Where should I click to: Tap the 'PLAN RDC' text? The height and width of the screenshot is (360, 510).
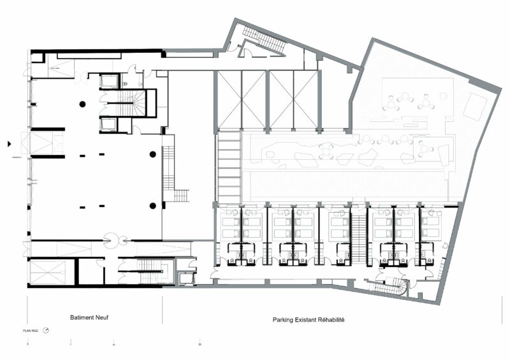(32, 331)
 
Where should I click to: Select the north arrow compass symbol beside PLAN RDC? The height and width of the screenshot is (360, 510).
(47, 331)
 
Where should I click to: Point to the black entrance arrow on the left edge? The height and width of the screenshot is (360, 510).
(8, 143)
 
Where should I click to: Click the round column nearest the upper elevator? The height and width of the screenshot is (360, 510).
(82, 104)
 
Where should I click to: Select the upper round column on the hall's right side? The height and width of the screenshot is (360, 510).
(153, 154)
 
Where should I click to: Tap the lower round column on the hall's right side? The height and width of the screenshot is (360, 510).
(153, 205)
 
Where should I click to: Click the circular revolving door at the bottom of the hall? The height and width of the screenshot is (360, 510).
(113, 240)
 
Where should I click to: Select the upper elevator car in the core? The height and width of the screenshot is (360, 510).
(110, 81)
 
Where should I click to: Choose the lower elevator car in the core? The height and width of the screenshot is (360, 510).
(109, 124)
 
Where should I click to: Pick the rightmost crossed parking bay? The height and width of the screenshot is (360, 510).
(305, 99)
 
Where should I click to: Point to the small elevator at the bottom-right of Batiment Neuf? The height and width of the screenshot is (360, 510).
(186, 278)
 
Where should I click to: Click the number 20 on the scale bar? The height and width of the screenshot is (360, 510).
(200, 344)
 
